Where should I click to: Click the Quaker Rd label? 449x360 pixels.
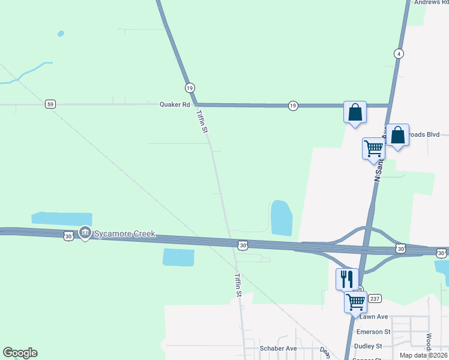[174, 104]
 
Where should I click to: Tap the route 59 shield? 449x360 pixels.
[50, 104]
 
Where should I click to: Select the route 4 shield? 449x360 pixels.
[399, 53]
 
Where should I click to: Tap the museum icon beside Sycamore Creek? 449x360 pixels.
[85, 232]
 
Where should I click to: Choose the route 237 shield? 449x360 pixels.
[375, 299]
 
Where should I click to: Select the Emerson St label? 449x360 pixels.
[373, 331]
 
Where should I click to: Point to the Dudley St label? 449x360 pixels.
[369, 346]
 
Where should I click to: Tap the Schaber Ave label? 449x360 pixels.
[279, 348]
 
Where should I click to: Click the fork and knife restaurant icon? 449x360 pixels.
[347, 278]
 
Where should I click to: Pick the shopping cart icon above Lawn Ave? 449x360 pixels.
[356, 301]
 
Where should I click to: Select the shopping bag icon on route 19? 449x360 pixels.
[355, 112]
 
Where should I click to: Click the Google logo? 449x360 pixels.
[20, 353]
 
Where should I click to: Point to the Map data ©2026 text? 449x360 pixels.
[423, 355]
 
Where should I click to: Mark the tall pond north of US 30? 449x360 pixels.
[281, 218]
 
